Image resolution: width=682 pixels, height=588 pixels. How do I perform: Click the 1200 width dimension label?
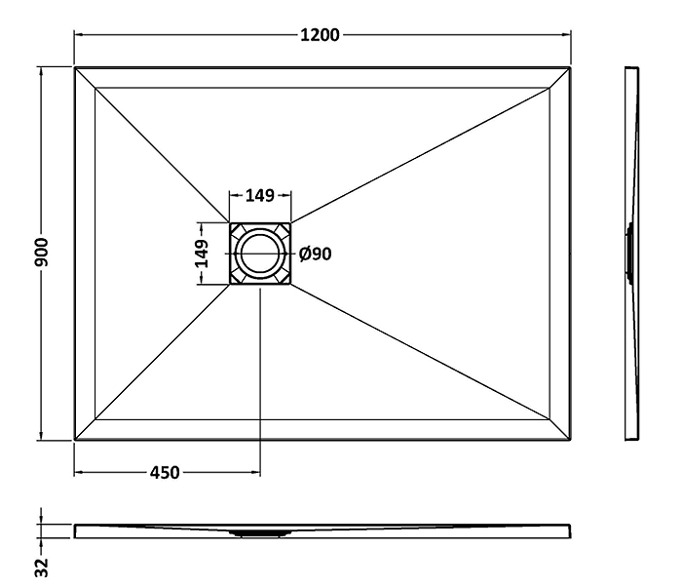320,35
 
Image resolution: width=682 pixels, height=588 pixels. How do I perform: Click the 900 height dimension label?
42,253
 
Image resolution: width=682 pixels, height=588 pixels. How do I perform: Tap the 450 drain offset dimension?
165,472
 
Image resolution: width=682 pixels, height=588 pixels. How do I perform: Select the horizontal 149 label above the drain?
260,195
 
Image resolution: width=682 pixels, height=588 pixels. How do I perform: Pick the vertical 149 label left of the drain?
202,254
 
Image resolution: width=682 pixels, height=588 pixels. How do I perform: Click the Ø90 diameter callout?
316,254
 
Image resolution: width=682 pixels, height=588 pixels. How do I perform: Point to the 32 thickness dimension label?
42,568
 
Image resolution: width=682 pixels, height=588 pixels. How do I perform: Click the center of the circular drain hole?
260,254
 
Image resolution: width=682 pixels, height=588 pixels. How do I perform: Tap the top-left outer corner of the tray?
75,67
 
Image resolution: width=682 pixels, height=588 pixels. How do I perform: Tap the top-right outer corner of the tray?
570,67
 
